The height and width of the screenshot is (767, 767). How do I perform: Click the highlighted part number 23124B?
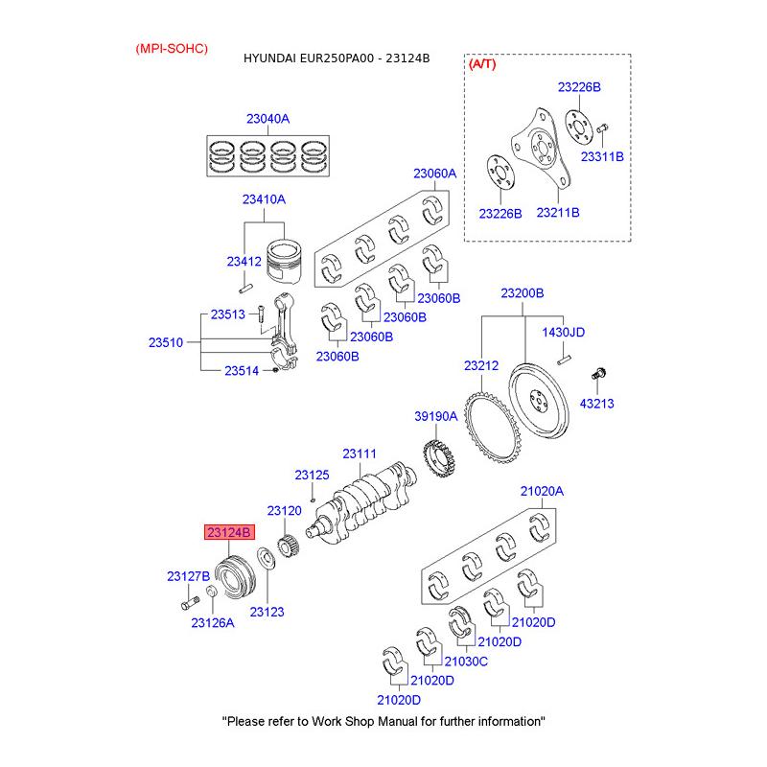tap(229, 532)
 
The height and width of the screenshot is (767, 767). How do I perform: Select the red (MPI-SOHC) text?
tap(172, 49)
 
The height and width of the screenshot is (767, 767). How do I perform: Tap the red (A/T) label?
tap(482, 64)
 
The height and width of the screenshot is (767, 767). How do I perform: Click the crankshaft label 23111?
tap(360, 453)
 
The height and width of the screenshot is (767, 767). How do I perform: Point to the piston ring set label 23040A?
tap(268, 119)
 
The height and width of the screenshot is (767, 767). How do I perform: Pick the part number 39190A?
tap(436, 416)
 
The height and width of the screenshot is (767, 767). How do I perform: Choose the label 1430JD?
tap(564, 332)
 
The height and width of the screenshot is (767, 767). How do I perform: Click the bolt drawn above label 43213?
tap(598, 374)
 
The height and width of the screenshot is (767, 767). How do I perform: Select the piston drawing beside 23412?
tap(284, 262)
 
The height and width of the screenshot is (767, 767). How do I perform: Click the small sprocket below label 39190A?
tap(439, 458)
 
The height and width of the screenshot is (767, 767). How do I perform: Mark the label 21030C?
tap(466, 662)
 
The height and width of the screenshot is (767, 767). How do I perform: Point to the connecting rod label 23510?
tap(166, 342)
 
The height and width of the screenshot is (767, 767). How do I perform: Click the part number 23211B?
tap(558, 213)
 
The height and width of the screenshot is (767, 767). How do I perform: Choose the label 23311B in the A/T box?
tap(602, 156)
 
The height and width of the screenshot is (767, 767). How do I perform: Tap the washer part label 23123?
tap(267, 612)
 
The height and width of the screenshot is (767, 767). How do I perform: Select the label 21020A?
tap(542, 491)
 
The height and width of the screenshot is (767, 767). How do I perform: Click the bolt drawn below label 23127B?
tap(190, 603)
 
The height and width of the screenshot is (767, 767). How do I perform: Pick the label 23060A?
tap(435, 174)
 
